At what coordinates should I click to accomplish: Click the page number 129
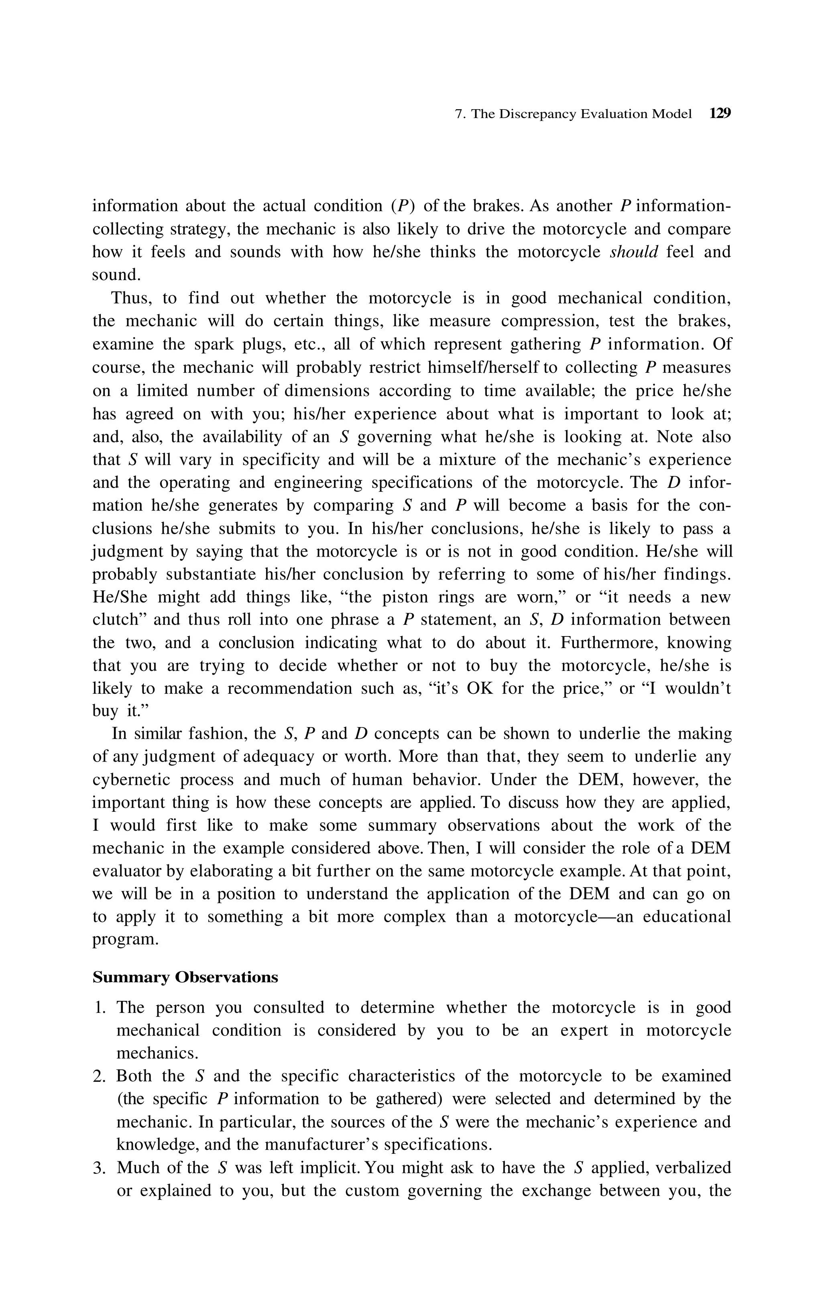[x=719, y=114]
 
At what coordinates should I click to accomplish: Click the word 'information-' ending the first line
[x=684, y=206]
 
